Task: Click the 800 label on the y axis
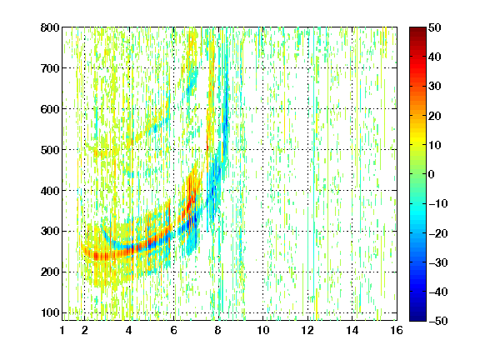coord(50,27)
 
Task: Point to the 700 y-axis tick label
coord(50,68)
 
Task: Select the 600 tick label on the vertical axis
coord(50,109)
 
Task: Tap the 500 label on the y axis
coord(50,150)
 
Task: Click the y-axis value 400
coord(50,191)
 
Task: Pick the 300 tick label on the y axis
coord(50,231)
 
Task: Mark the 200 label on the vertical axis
coord(50,272)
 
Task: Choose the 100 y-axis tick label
coord(50,312)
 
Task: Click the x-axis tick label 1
coord(62,330)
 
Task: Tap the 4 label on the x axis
coord(129,330)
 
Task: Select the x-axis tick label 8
coord(218,330)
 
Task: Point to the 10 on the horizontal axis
coord(262,330)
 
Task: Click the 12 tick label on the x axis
coord(307,330)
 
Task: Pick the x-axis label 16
coord(397,330)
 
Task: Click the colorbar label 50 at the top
coord(435,27)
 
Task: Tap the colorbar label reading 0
coord(432,174)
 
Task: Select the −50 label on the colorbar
coord(438,321)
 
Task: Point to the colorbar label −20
coord(438,233)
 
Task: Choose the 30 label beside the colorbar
coord(435,86)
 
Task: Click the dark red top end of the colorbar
coord(417,28)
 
